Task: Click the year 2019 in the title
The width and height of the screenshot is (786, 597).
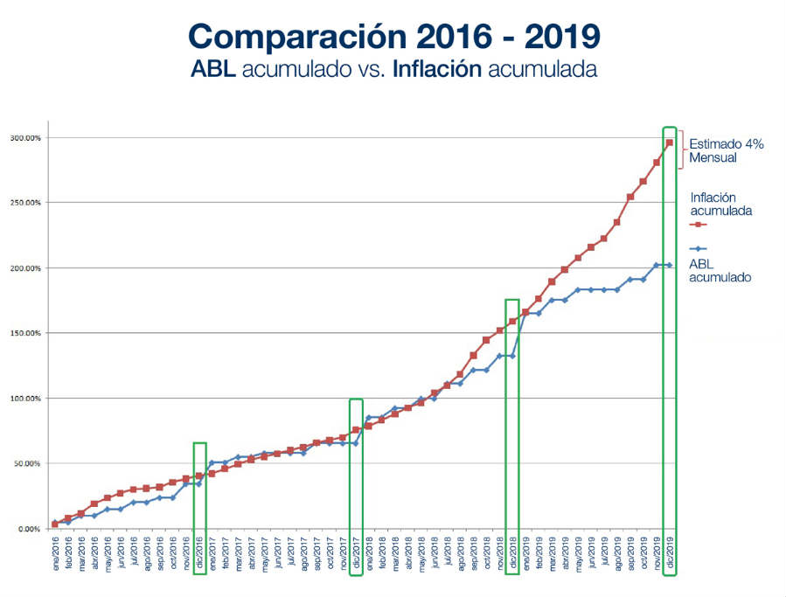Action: (557, 37)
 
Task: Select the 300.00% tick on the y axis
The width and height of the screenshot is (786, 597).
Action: (25, 138)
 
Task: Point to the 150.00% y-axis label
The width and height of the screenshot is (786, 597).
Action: (25, 333)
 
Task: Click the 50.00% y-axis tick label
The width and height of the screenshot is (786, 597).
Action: (27, 463)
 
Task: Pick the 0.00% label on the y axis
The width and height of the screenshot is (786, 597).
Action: (29, 529)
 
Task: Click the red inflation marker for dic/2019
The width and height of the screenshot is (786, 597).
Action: (670, 142)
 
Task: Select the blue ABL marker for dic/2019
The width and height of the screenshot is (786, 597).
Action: (670, 265)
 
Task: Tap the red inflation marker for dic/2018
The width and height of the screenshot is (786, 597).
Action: (512, 322)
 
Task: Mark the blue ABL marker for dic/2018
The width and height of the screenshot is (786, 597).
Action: (512, 356)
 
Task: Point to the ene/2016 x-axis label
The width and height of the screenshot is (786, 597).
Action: (54, 552)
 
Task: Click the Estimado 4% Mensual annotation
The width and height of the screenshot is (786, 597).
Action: (727, 150)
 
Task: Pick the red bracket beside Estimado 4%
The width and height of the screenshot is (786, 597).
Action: (682, 149)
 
